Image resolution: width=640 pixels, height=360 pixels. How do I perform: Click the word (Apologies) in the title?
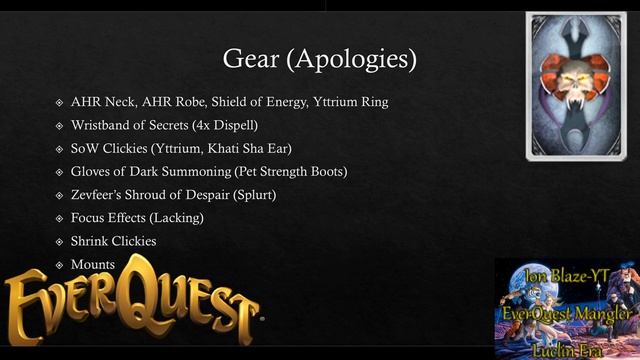[351, 59]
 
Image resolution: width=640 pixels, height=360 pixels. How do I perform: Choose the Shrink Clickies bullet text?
[113, 241]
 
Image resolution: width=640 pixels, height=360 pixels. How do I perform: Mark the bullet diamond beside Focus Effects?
[59, 218]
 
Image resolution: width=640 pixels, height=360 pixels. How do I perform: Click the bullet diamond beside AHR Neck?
[59, 103]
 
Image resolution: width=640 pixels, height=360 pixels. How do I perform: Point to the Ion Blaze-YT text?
[566, 275]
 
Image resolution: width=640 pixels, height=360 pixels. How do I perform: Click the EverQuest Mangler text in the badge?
[567, 314]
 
